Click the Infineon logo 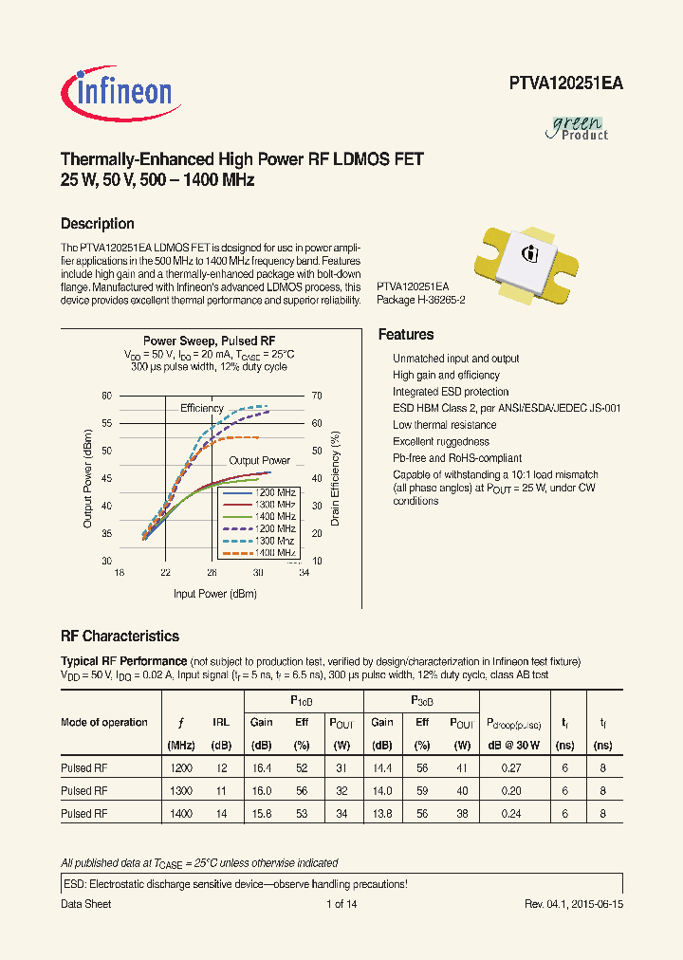point(118,91)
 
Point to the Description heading point(97,224)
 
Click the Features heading point(406,335)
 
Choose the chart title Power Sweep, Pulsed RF point(209,341)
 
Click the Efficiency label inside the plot point(201,408)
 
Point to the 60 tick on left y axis point(107,396)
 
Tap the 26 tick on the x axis point(212,573)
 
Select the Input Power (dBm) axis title point(214,594)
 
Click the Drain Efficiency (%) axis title point(335,478)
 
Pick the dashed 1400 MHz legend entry point(259,552)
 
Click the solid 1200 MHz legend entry point(259,493)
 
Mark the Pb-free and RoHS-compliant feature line point(457,458)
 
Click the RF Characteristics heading point(120,637)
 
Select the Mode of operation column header point(104,722)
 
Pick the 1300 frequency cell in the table point(180,790)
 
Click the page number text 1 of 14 point(341,904)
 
